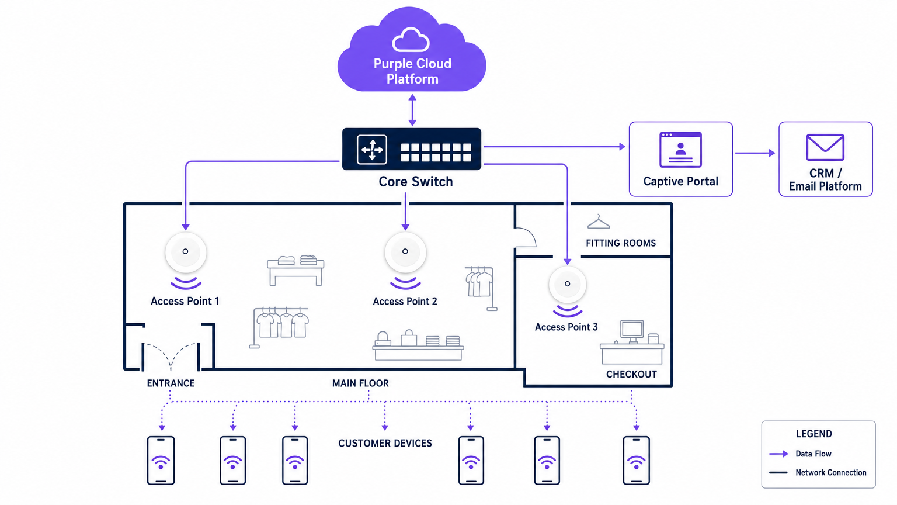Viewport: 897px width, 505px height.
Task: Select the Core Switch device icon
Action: (x=412, y=149)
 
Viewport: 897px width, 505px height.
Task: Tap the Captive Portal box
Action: (x=680, y=159)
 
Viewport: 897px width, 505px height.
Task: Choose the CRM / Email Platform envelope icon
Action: (x=825, y=147)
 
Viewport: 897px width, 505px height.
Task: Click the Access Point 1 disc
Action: (x=186, y=252)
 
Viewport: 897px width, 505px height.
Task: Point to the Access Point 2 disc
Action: (x=405, y=252)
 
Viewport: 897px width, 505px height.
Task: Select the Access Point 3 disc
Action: (x=567, y=284)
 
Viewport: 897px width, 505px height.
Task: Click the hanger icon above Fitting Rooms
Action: (x=599, y=222)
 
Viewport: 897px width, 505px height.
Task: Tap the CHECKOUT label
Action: (x=631, y=374)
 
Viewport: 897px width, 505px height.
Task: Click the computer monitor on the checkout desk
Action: (x=632, y=330)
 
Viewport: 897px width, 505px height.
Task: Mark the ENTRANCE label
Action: (x=171, y=383)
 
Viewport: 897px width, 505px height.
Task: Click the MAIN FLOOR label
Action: (x=360, y=383)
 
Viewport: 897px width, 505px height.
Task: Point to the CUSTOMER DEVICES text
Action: (x=385, y=444)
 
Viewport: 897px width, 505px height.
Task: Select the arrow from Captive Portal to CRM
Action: (x=755, y=153)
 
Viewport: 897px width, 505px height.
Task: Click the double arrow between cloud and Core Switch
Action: (x=412, y=110)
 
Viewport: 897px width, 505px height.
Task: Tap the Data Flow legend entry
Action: (x=813, y=454)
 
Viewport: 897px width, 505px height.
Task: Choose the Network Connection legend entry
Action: (x=830, y=472)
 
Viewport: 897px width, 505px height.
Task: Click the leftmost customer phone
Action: (x=161, y=461)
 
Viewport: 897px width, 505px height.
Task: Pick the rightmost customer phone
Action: (x=636, y=461)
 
